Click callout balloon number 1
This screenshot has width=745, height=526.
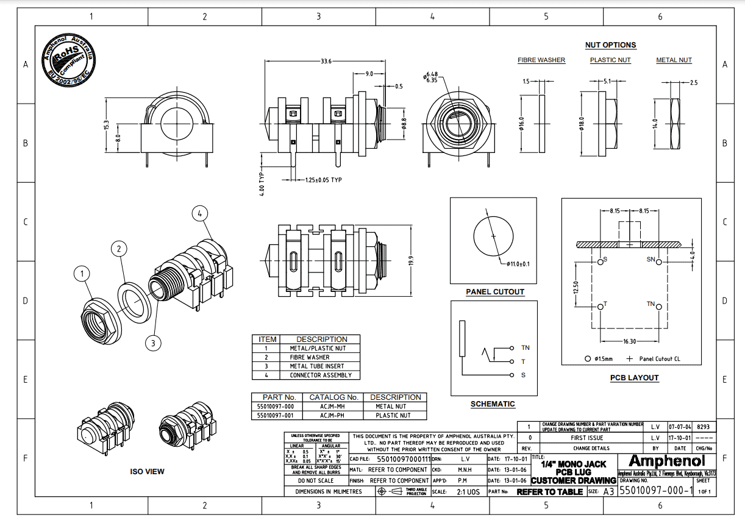click(x=82, y=274)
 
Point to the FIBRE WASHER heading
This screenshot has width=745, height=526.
click(x=541, y=60)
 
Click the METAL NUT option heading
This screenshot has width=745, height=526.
click(x=674, y=60)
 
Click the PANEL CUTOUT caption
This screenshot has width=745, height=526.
click(x=495, y=292)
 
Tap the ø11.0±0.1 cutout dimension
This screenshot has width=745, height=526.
click(x=518, y=264)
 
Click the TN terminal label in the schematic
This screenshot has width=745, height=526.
click(x=525, y=347)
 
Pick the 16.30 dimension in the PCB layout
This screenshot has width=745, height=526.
click(x=630, y=341)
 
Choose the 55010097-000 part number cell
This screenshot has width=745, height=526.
click(x=276, y=406)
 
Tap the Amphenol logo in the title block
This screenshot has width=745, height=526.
click(x=666, y=460)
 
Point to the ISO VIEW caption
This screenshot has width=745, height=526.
click(x=147, y=471)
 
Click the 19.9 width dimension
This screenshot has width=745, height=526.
click(x=411, y=261)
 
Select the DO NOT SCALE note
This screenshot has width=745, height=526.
click(x=316, y=480)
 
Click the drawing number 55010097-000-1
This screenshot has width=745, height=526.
click(x=655, y=491)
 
